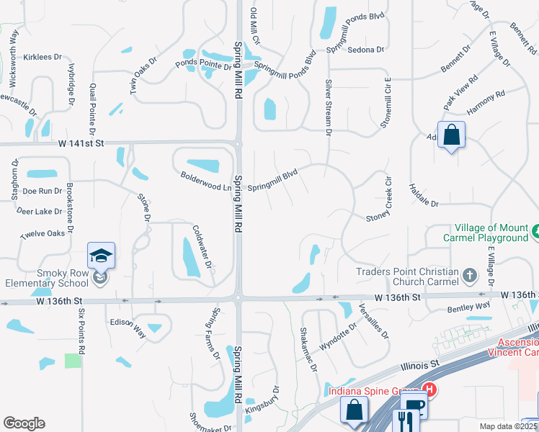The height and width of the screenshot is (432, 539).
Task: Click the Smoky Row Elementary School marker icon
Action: [x=102, y=256]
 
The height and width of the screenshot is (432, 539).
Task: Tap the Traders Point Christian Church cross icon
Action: [x=469, y=275]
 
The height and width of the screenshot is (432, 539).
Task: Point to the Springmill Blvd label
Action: [x=272, y=181]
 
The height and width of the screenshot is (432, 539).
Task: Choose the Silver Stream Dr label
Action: [x=329, y=108]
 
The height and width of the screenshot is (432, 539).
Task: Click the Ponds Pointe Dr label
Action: [x=203, y=64]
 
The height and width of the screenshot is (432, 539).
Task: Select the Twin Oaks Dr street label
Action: [x=143, y=76]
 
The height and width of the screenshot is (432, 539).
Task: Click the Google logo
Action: [x=24, y=423]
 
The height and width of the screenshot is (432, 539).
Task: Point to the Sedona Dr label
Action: [x=365, y=50]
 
